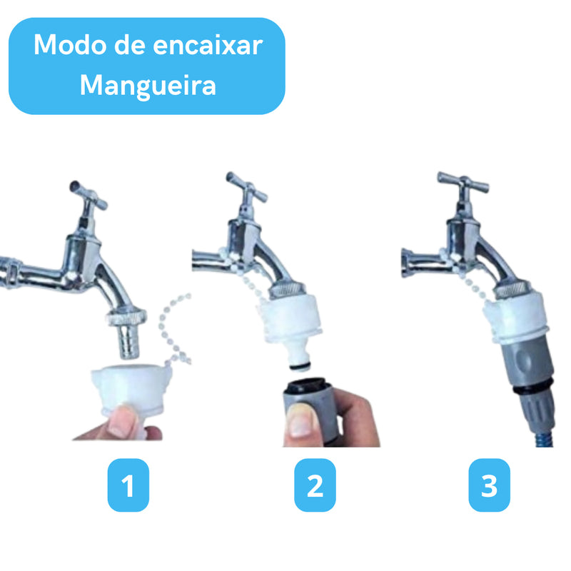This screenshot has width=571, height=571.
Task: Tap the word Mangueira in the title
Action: pyautogui.click(x=148, y=86)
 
